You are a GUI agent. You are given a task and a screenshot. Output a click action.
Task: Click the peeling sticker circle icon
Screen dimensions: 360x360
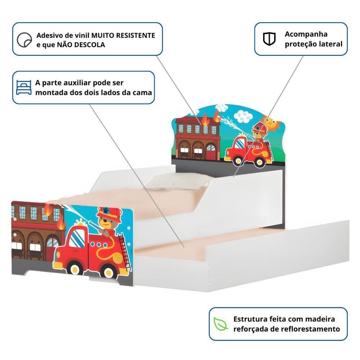pos(24,40)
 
